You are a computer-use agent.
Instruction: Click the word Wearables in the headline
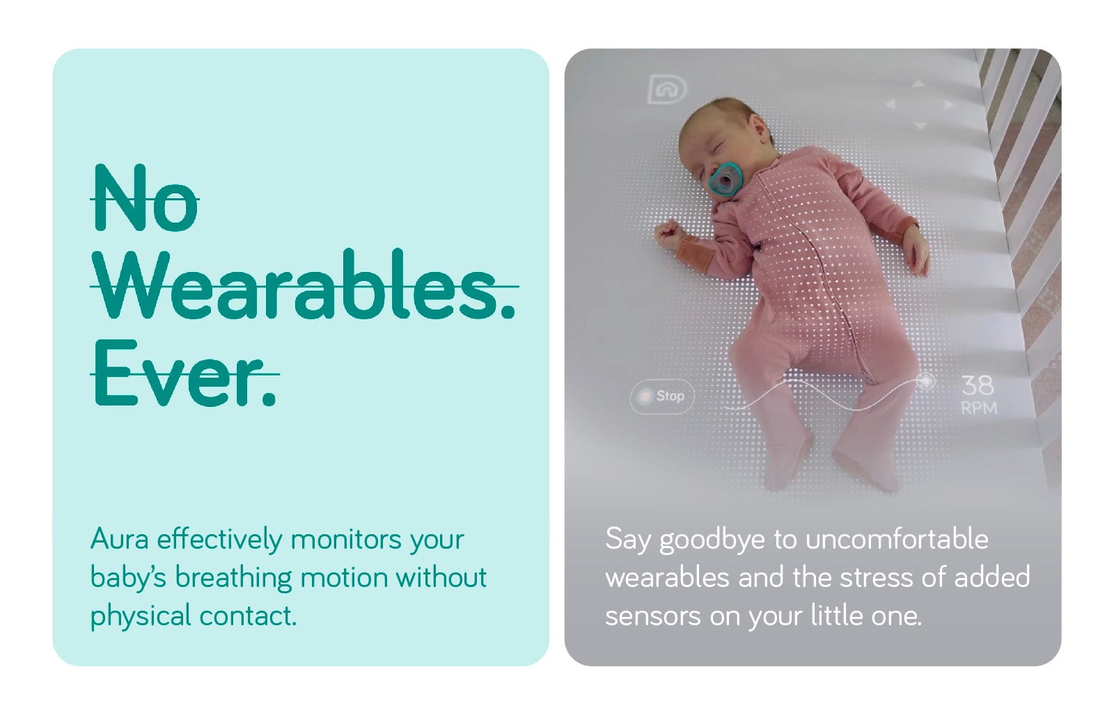(x=304, y=284)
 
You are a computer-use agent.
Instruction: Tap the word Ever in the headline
(x=185, y=373)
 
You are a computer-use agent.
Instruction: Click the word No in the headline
(x=146, y=198)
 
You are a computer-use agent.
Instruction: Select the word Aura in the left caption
(x=119, y=539)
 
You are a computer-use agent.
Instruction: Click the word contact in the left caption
(x=247, y=616)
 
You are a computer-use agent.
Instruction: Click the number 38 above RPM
(x=978, y=385)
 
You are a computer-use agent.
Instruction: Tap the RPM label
(x=979, y=408)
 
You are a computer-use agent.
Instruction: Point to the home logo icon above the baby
(x=667, y=90)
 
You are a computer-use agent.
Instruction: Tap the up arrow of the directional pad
(x=918, y=84)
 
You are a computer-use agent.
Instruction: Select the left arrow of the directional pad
(x=890, y=104)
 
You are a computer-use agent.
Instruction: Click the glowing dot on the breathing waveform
(x=925, y=382)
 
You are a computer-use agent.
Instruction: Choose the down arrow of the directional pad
(x=920, y=125)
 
